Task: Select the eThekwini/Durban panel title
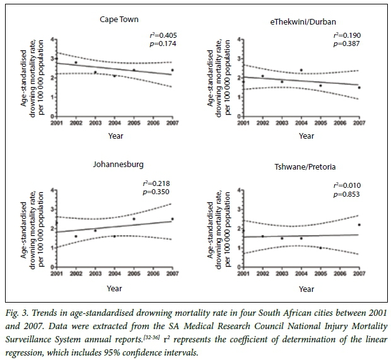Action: tap(306, 23)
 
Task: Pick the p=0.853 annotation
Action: tap(347, 194)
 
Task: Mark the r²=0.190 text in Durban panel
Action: tap(347, 36)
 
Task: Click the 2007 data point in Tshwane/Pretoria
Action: tap(359, 224)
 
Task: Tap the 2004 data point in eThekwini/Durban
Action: tap(301, 70)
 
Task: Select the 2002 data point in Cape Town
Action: tap(76, 62)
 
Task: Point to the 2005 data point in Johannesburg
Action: tap(134, 219)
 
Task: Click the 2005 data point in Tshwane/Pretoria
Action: tap(320, 248)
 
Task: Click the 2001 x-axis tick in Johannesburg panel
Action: tap(56, 273)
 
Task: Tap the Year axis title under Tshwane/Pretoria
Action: tap(306, 289)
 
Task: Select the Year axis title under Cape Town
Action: tap(114, 137)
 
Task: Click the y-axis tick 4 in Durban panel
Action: tap(238, 40)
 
